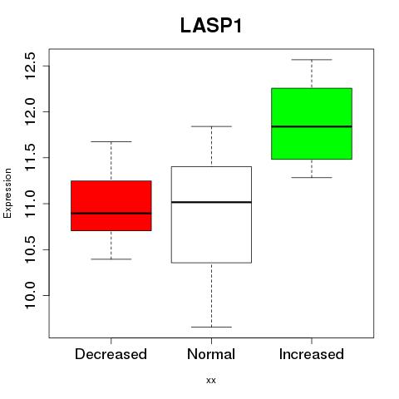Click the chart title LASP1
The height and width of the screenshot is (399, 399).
(211, 26)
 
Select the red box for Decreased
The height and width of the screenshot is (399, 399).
(111, 205)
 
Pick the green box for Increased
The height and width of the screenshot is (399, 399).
(312, 124)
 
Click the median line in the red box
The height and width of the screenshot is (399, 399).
(111, 214)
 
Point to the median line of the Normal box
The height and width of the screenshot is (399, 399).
(211, 202)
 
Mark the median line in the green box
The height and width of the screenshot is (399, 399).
(312, 126)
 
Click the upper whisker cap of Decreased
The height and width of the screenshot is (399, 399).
(111, 141)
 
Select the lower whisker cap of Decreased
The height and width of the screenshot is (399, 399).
(111, 259)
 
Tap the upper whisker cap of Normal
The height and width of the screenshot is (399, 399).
(211, 126)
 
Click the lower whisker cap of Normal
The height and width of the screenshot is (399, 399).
(211, 327)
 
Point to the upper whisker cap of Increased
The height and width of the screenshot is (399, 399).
(312, 60)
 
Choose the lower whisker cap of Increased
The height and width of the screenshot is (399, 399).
(312, 177)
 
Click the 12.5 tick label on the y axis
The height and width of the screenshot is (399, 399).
(30, 66)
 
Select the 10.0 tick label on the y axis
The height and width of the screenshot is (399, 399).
(30, 295)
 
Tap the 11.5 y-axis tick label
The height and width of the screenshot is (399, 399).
(30, 157)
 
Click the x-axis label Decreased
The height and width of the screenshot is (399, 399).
(111, 354)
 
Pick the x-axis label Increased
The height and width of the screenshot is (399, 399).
(312, 354)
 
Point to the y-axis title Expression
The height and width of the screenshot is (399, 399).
(7, 193)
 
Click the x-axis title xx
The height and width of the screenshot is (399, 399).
(211, 381)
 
